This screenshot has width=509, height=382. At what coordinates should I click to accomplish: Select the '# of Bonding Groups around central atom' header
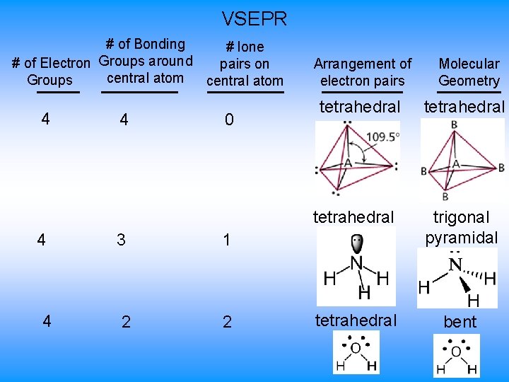(145, 62)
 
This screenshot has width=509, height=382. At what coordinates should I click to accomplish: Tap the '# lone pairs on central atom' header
(245, 64)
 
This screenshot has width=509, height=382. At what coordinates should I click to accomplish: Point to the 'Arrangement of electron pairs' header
(362, 72)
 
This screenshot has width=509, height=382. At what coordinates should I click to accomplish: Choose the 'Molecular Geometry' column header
(469, 72)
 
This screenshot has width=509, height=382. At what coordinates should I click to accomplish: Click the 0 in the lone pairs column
(228, 120)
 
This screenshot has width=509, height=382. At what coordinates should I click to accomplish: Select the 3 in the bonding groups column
(121, 240)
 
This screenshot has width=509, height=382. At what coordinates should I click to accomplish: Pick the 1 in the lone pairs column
(227, 241)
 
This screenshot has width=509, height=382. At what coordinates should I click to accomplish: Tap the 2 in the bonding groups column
(125, 323)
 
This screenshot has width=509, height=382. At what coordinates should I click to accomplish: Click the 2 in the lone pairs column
(227, 323)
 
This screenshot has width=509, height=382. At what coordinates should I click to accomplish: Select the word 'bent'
(460, 323)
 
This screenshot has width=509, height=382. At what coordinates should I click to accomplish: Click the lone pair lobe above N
(356, 244)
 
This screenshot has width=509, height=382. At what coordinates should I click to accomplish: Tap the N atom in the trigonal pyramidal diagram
(455, 265)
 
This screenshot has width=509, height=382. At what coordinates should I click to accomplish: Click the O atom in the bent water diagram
(456, 352)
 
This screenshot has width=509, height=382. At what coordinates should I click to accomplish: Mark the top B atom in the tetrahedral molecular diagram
(453, 125)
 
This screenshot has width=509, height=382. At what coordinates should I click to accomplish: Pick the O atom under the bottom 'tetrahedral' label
(356, 347)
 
